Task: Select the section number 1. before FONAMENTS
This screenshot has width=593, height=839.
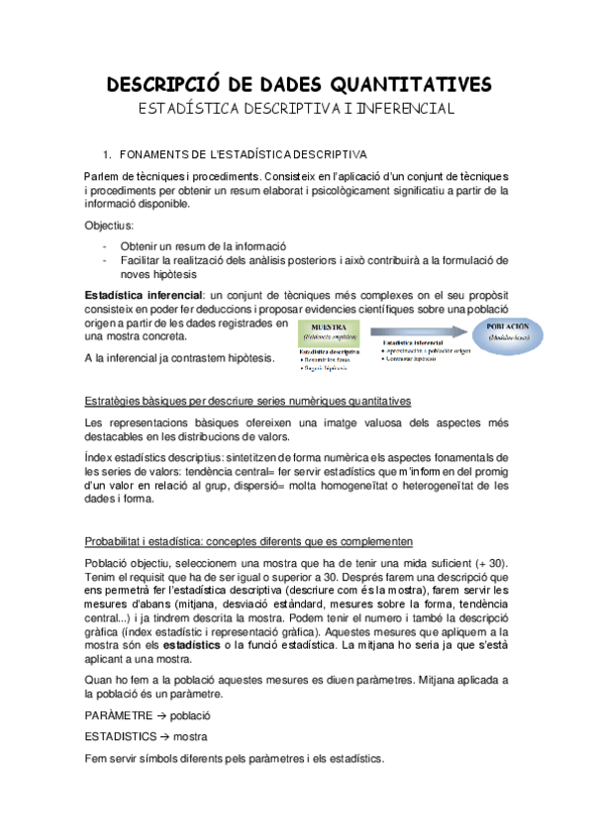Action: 108,154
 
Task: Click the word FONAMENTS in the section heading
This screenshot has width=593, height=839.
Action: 152,154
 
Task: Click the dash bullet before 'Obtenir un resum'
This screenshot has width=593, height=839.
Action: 106,246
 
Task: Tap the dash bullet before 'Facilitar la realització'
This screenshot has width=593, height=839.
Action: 106,260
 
